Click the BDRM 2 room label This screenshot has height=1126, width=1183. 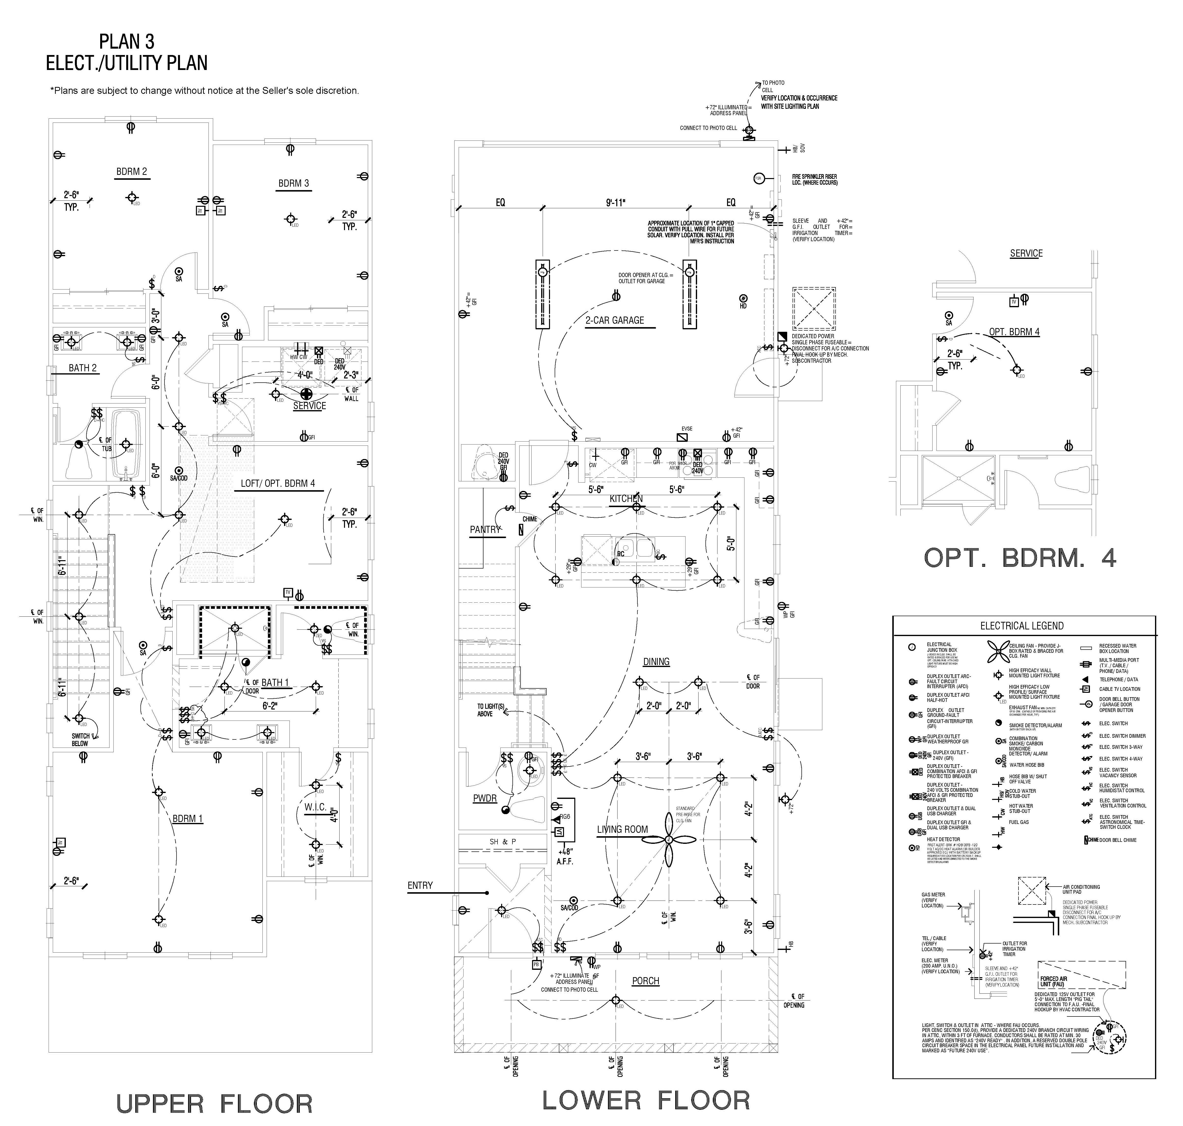[131, 172]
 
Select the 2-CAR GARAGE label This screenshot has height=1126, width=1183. [615, 320]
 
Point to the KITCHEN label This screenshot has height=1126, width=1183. [626, 499]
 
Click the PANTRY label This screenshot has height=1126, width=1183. [485, 529]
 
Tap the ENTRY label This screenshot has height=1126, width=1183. [420, 885]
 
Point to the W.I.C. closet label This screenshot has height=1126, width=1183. [315, 807]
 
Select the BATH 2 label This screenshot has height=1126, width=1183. [83, 368]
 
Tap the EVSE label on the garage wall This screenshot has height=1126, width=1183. [687, 429]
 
